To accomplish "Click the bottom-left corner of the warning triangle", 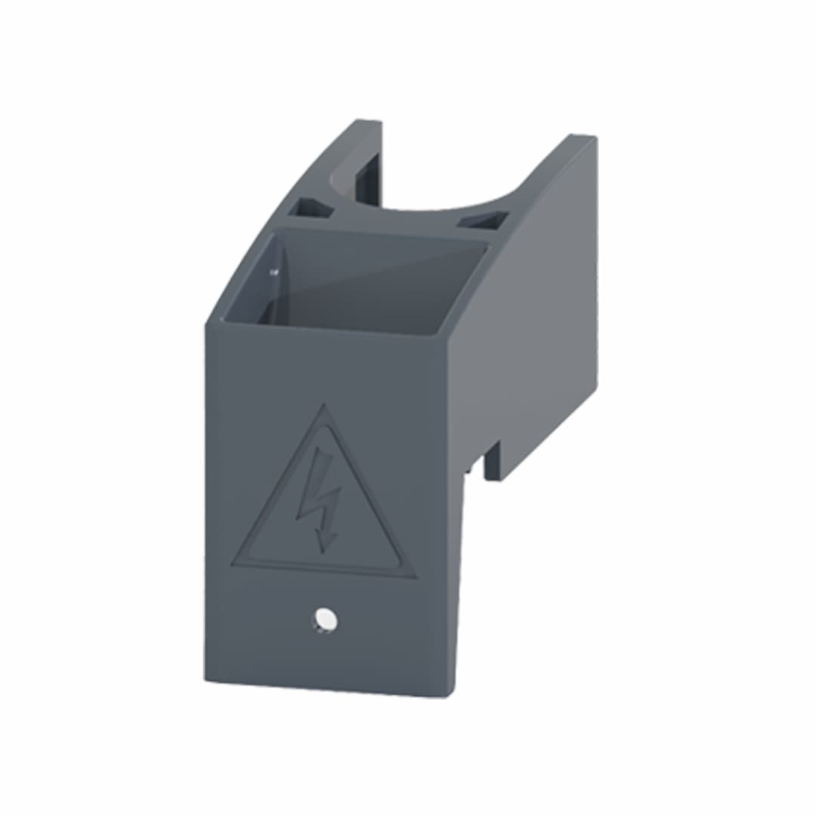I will coord(233,565).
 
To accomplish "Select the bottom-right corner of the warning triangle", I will coord(415,577).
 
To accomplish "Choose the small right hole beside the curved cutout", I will coord(482,221).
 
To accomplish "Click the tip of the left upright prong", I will coord(368,122).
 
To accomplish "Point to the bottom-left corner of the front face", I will coord(205,678).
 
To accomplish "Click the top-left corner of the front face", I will coord(206,326).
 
